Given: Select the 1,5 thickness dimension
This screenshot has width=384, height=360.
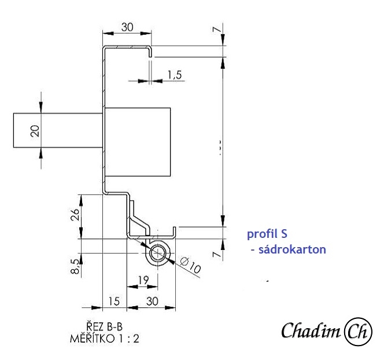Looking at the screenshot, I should [x=174, y=74].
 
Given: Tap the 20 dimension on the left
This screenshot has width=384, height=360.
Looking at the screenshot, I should [x=35, y=131].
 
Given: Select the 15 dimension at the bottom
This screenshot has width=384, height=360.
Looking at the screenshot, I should [x=114, y=301].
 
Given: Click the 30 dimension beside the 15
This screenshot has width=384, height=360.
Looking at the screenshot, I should [x=152, y=301].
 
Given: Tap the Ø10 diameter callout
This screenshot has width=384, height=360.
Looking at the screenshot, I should [x=190, y=267].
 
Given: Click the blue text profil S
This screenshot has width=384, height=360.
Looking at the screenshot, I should [x=267, y=234].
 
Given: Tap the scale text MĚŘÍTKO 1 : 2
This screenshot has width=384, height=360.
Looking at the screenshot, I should [x=104, y=339].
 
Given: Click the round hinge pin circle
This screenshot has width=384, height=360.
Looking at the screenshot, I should [x=158, y=254].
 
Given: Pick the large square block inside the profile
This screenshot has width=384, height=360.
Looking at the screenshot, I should [x=138, y=141].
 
